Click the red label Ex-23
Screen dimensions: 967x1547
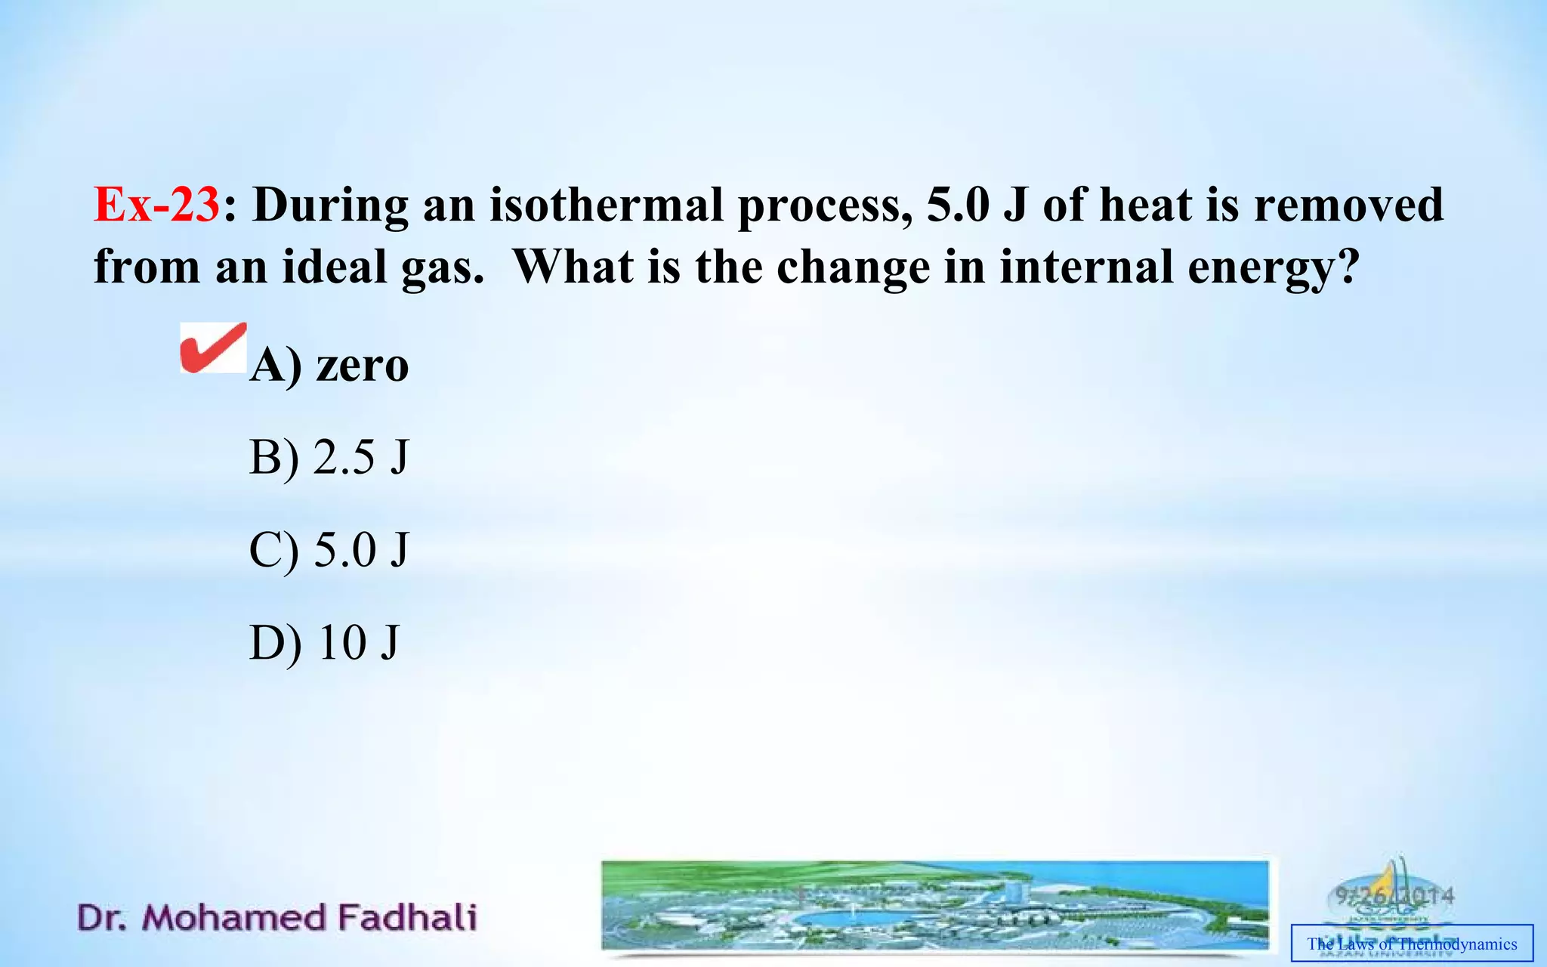coord(156,205)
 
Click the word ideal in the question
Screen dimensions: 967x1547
coord(335,267)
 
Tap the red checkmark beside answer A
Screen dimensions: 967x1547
coord(213,348)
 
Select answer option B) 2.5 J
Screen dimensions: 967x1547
coord(329,457)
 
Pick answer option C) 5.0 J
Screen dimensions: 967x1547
coord(329,549)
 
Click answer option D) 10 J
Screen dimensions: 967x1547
coord(323,642)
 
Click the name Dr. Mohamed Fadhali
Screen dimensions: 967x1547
coord(276,917)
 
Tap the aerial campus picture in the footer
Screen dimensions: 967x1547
coord(934,905)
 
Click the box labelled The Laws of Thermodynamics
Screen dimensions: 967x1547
coord(1412,944)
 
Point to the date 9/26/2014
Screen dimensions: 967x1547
coord(1394,896)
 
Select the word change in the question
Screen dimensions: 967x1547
coord(853,268)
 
